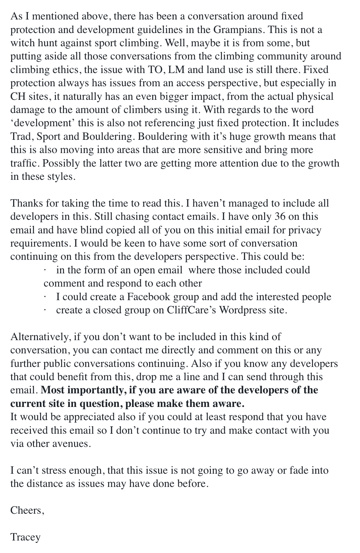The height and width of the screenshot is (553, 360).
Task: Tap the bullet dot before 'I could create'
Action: click(45, 297)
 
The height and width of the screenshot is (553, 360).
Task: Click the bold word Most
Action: click(52, 390)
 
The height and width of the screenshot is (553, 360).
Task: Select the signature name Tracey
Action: click(25, 537)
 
